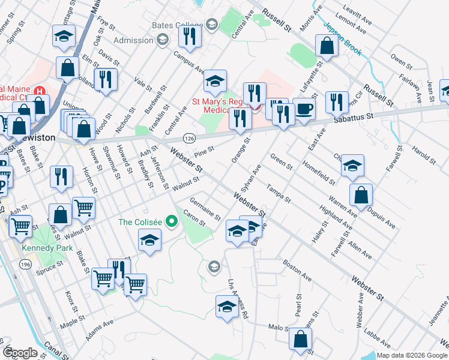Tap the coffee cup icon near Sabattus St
(304, 109)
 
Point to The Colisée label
(141, 222)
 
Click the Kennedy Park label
(43, 247)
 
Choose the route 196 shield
(26, 265)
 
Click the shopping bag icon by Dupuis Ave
(361, 195)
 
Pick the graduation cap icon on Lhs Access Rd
(226, 307)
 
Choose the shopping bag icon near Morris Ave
(326, 46)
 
